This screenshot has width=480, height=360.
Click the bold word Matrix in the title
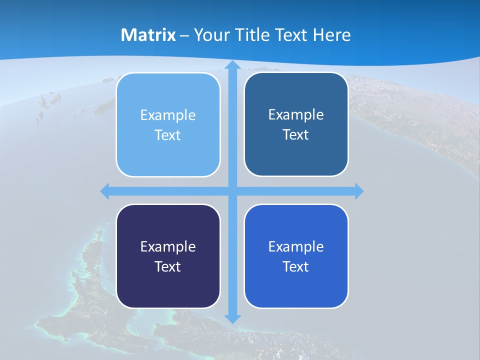click(x=148, y=35)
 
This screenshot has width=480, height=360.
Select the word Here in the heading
click(x=331, y=35)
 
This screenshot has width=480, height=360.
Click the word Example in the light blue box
click(x=168, y=115)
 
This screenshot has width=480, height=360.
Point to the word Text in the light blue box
click(x=168, y=135)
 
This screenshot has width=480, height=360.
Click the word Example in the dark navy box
click(x=168, y=246)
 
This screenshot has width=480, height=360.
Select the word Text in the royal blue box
click(x=296, y=266)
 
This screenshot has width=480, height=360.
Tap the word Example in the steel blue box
click(x=296, y=115)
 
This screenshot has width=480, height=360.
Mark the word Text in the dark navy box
click(x=168, y=266)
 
